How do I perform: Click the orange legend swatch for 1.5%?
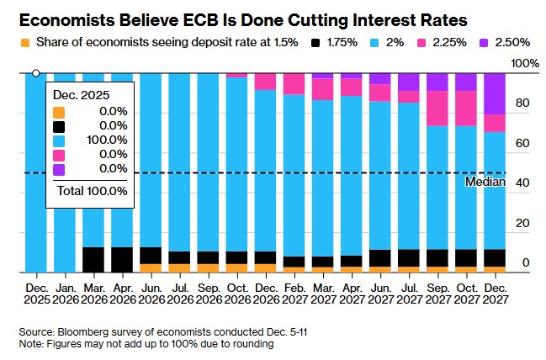[25, 42]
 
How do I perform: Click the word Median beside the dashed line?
[485, 182]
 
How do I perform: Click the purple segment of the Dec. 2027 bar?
[495, 93]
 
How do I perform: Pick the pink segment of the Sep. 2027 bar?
[437, 108]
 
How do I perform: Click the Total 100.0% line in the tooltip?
[92, 191]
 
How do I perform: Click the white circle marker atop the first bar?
[35, 73]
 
